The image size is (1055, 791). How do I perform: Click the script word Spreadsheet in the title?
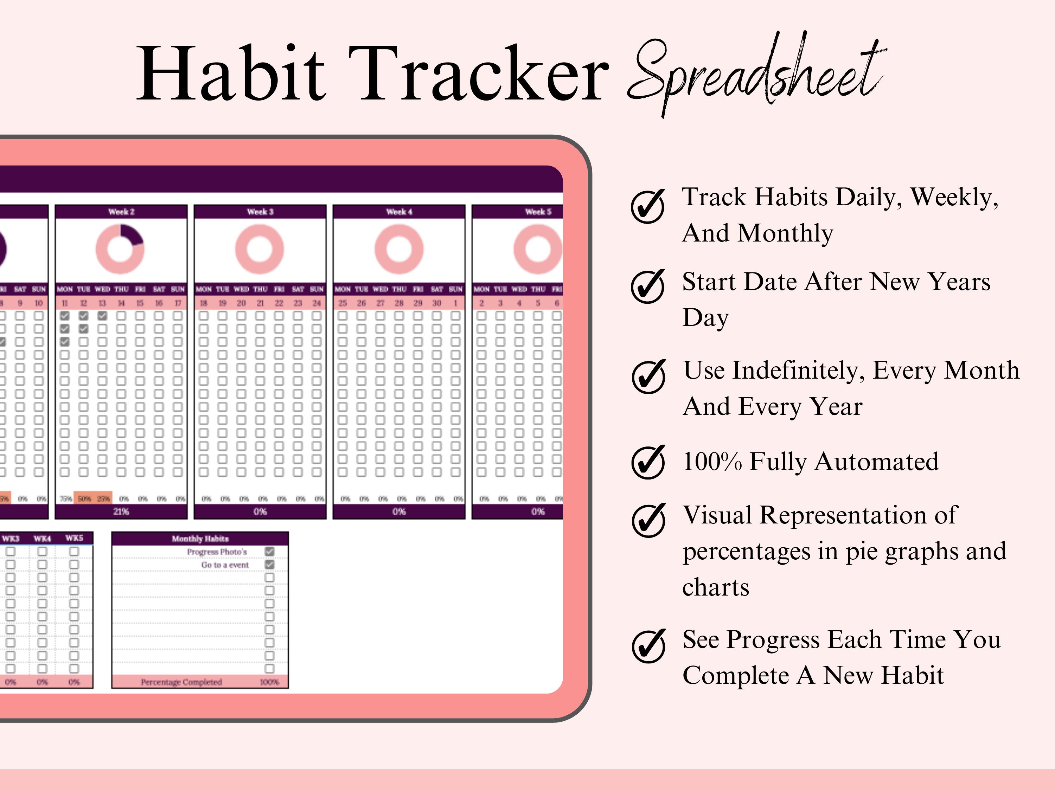[x=756, y=74]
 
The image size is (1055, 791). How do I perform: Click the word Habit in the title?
[x=231, y=74]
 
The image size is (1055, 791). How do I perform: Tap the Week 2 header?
[x=121, y=212]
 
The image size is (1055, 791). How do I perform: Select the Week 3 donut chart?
[x=260, y=249]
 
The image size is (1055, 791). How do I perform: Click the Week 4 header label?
[x=399, y=212]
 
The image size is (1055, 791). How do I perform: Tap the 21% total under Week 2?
[x=121, y=512]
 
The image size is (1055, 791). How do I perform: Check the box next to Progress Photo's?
[x=269, y=552]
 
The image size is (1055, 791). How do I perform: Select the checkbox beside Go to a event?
[x=269, y=565]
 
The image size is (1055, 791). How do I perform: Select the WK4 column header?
[x=43, y=538]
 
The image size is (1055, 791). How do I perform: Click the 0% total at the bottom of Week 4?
[x=399, y=512]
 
